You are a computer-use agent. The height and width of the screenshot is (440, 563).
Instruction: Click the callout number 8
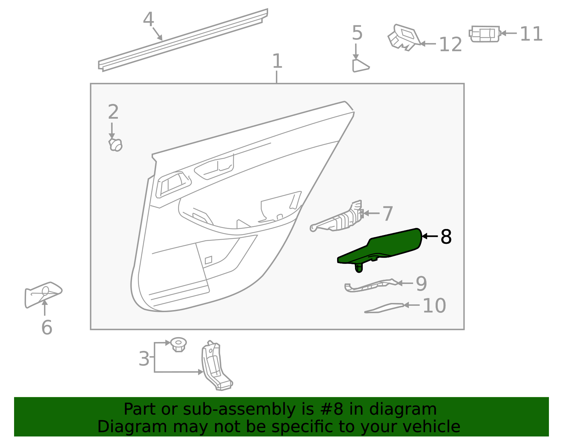click(x=446, y=237)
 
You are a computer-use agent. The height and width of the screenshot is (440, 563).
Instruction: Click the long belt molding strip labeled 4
click(x=183, y=40)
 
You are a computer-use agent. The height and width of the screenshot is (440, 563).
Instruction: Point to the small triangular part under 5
click(x=359, y=66)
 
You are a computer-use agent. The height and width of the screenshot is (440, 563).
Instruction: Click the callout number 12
click(x=450, y=45)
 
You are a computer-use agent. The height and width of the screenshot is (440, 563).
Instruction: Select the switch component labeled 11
click(x=485, y=34)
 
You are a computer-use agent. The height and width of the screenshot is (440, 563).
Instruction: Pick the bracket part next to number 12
click(x=404, y=37)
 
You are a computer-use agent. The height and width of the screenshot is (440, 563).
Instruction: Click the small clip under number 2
click(x=115, y=145)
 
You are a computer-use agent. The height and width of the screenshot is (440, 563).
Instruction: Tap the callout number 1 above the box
click(x=277, y=61)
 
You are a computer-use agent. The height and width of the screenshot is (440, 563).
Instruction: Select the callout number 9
click(x=421, y=284)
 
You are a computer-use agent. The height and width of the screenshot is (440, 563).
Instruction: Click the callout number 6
click(x=47, y=328)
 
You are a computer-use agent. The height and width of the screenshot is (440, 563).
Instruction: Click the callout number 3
click(x=144, y=359)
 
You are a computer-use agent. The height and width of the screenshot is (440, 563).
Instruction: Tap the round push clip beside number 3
click(x=178, y=344)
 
